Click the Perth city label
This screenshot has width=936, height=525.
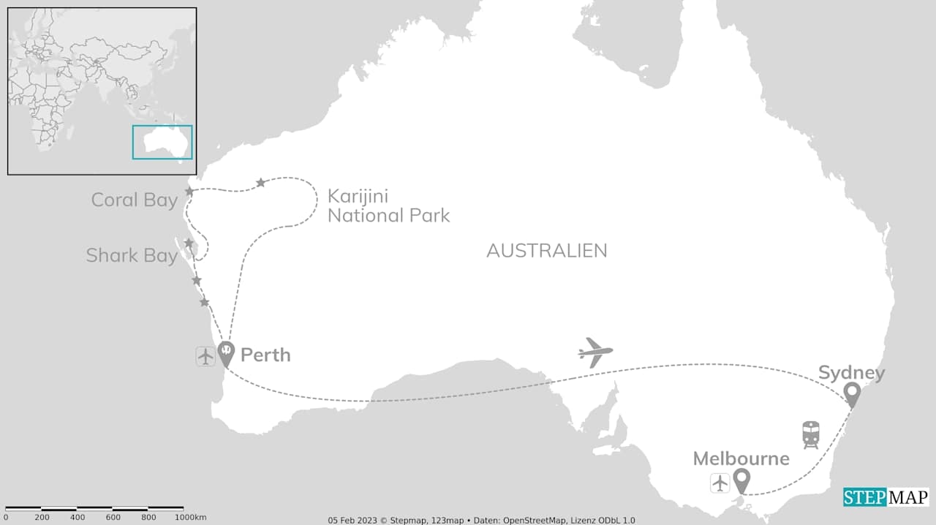[265, 355]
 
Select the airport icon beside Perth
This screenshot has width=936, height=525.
[205, 356]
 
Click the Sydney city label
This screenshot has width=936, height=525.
[851, 373]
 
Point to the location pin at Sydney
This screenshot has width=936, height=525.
[851, 394]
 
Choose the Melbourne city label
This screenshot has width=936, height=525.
[741, 458]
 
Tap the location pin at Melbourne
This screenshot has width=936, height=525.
[742, 480]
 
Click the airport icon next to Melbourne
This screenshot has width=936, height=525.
[720, 483]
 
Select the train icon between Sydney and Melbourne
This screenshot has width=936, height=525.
[810, 434]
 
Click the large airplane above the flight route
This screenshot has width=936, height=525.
[595, 352]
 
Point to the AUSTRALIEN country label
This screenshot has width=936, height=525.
[546, 251]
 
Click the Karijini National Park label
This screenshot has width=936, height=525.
[388, 205]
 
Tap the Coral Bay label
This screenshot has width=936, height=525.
[134, 200]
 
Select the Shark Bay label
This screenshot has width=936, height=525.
[132, 255]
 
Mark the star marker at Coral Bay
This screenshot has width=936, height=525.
[189, 192]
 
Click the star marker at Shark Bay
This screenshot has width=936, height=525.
[189, 243]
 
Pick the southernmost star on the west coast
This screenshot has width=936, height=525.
[204, 302]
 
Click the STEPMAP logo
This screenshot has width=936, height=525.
[886, 497]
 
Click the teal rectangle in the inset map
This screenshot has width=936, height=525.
[162, 142]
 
